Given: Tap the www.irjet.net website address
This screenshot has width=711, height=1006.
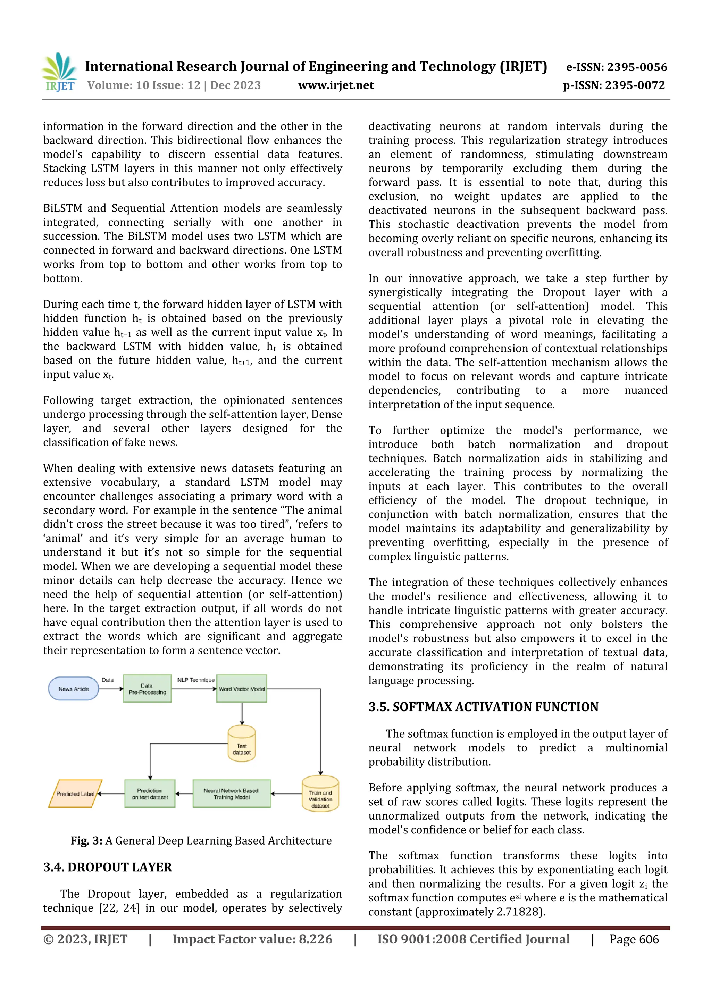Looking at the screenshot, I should pos(336,85).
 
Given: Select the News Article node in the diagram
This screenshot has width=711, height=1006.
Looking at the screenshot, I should pos(74,689).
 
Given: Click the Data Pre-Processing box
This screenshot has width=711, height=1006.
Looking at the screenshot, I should pos(147,689).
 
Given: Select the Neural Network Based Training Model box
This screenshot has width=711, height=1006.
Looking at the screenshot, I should pos(231,793).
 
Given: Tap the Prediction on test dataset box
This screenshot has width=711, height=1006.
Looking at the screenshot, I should pos(150,793).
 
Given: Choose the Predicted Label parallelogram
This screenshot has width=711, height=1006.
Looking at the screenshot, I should pos(75,793).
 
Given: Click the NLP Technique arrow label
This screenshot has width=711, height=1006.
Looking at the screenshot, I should pos(195,680).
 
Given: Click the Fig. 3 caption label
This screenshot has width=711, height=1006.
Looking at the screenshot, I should pos(86,840).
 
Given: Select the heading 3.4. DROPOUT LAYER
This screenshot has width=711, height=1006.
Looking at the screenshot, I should pos(107,867).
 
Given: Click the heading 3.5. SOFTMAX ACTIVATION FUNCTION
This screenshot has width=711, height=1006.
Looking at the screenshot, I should pos(483,707).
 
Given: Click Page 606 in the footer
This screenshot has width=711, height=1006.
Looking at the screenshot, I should pos(634,939).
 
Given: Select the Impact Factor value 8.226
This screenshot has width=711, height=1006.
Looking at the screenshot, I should pos(315,939).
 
